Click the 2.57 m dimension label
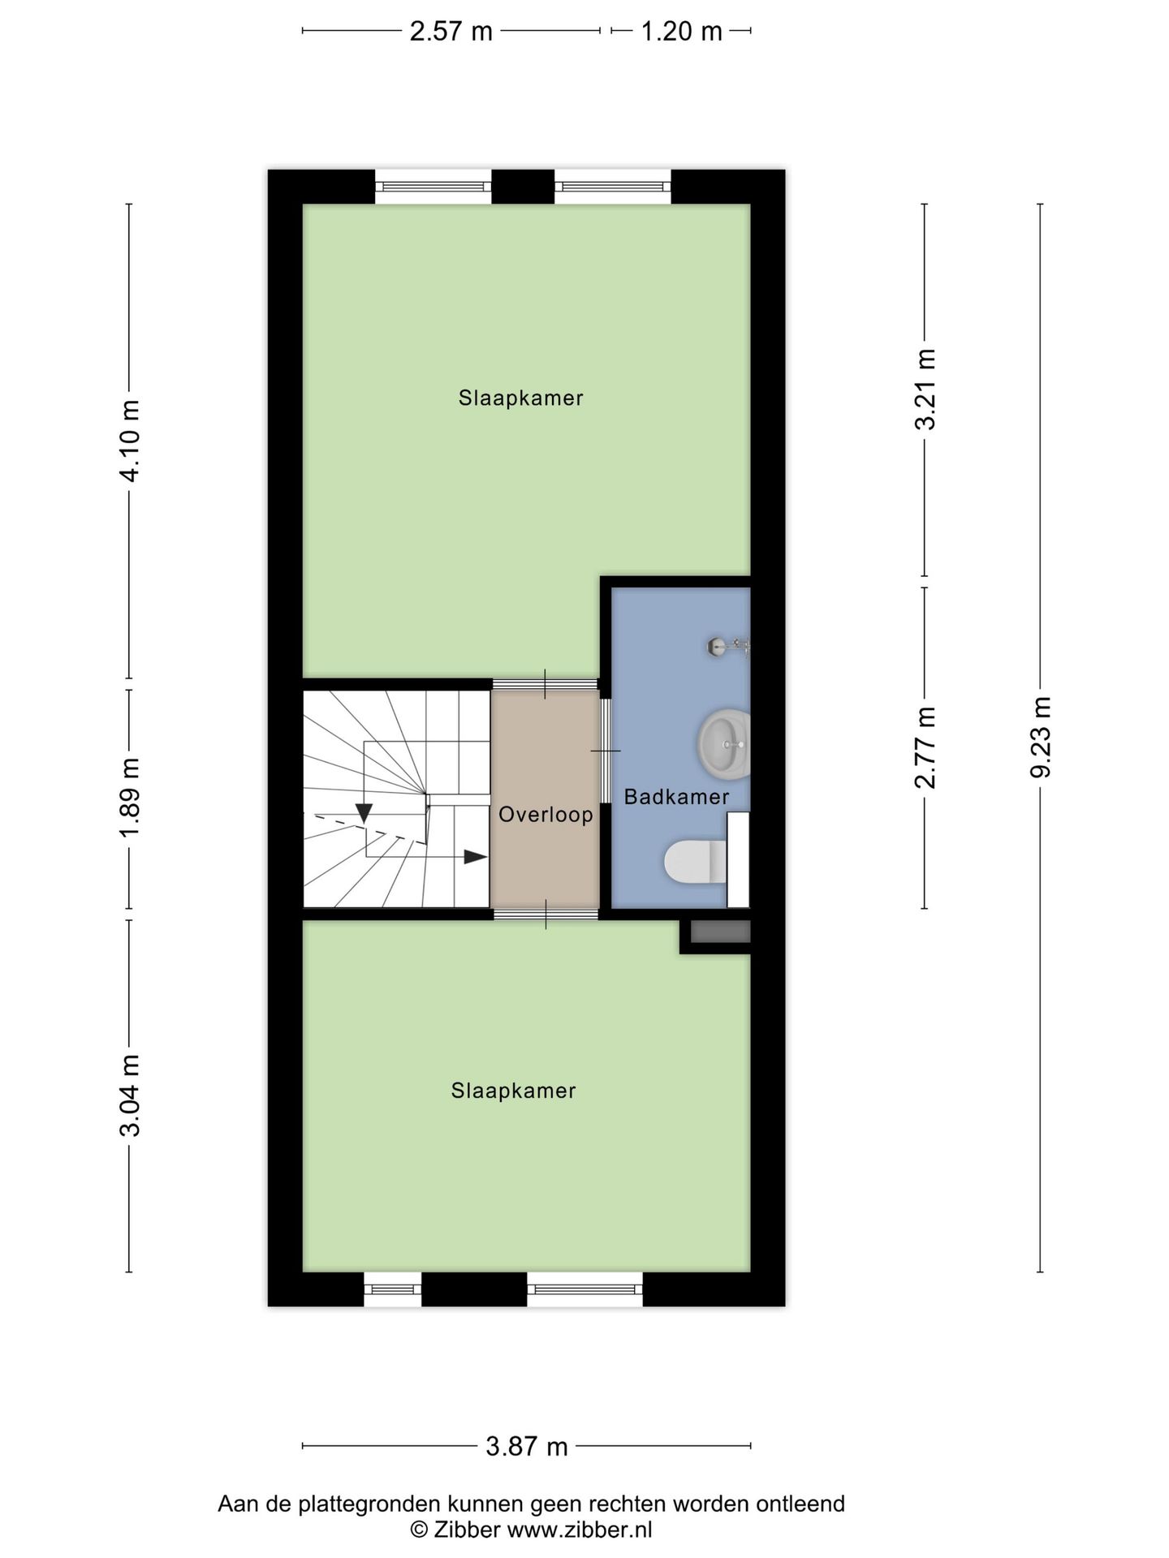[451, 32]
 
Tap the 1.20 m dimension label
[681, 32]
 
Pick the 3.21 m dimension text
[925, 389]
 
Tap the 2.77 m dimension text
[925, 747]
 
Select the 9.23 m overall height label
[1041, 737]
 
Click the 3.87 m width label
[527, 1446]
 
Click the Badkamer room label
[676, 797]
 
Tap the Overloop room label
[546, 815]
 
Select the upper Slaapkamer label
[520, 398]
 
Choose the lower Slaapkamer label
[513, 1091]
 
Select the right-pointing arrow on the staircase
[475, 857]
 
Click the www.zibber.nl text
[580, 1530]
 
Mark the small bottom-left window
[392, 1289]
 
